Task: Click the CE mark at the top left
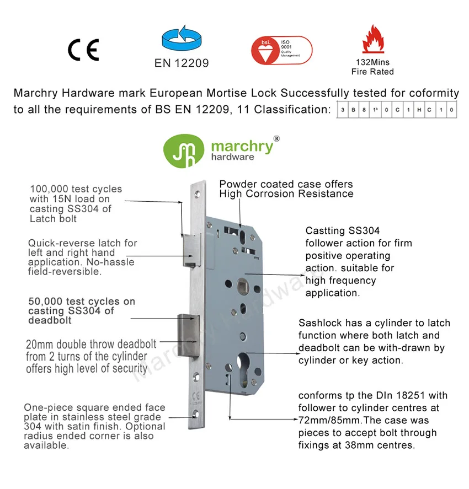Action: click(83, 50)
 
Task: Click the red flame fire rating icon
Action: click(372, 39)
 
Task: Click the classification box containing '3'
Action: click(343, 110)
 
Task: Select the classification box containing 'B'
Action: click(354, 110)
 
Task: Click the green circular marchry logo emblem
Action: click(184, 149)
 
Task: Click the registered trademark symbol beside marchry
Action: click(276, 138)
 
